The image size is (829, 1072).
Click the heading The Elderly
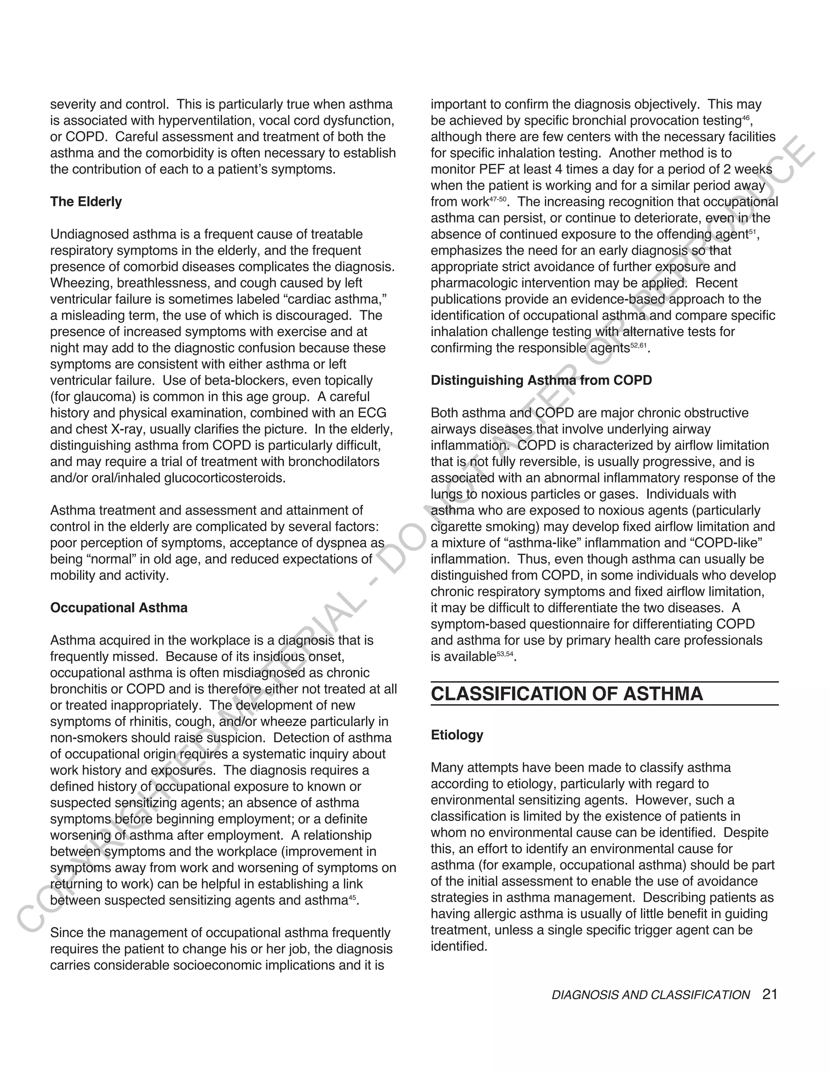[x=86, y=202]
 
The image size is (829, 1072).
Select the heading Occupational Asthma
[x=119, y=608]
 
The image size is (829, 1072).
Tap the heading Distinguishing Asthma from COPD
[x=541, y=380]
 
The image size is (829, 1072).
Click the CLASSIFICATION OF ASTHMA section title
[x=567, y=693]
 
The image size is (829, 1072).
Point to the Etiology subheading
[x=457, y=735]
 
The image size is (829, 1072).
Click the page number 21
[x=770, y=994]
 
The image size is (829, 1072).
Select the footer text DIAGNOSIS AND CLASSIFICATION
[x=651, y=995]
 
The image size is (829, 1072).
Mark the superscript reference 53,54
[x=505, y=654]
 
